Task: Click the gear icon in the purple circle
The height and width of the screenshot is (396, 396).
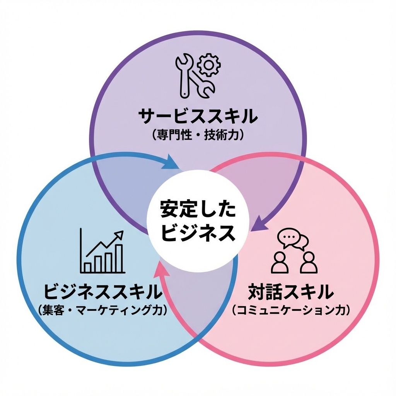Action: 208,65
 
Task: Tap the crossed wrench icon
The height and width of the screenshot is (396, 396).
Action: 195,76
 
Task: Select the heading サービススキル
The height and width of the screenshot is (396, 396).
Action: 198,116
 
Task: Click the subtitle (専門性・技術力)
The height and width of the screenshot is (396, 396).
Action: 198,135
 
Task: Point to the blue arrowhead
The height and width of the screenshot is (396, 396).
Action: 171,162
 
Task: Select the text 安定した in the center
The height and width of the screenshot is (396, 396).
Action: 198,209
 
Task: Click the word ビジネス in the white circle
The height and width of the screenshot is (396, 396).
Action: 198,232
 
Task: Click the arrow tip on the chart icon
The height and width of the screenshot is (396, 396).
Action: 123,231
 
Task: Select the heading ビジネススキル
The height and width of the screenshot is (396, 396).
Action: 102,292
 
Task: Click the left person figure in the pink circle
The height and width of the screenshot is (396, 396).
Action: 279,263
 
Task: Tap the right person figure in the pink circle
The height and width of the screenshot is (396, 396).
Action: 309,263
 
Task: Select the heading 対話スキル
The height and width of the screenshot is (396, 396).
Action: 291,292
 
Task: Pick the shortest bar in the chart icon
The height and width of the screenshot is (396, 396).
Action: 88,267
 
